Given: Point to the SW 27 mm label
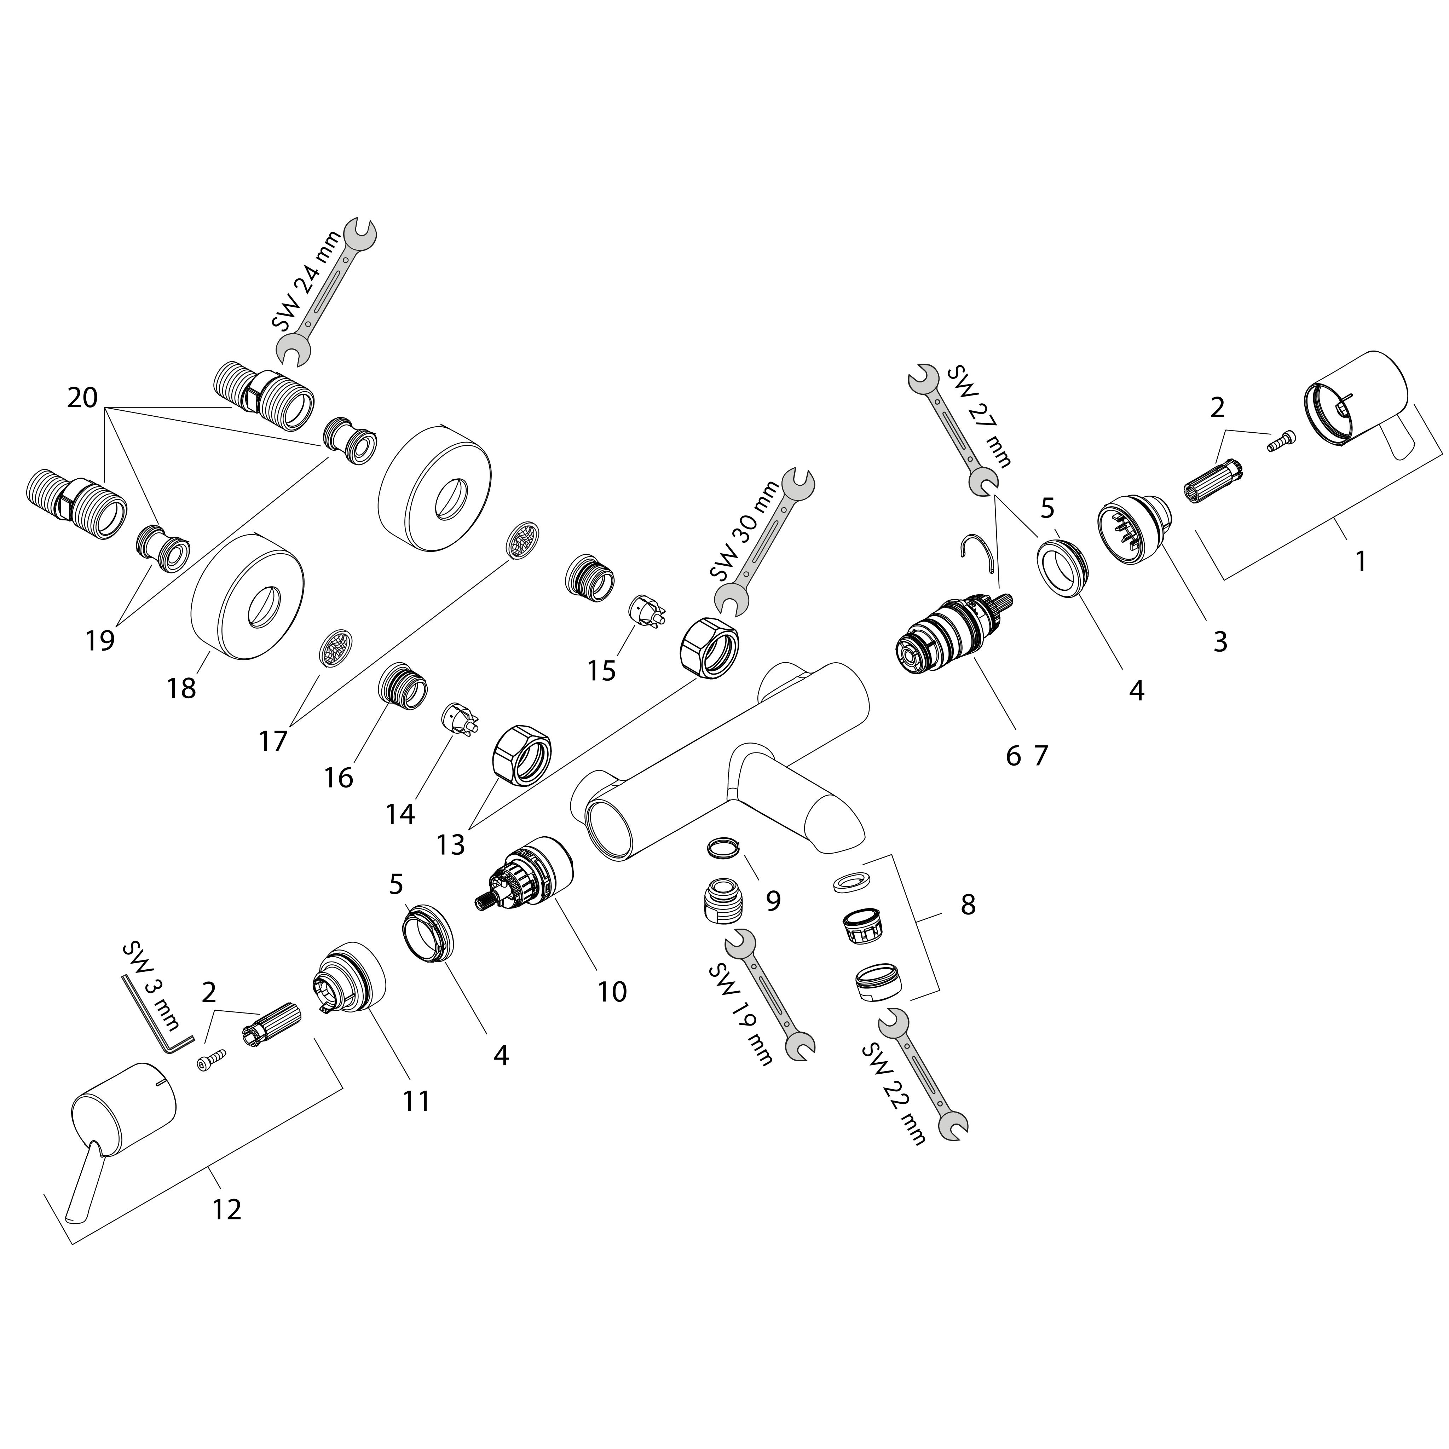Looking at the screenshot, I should point(979,416).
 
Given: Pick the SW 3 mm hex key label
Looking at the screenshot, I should point(150,986).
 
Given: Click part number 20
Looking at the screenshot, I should point(82,398).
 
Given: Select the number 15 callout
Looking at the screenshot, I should point(601,670).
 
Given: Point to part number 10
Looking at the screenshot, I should point(612,992).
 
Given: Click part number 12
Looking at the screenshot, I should point(227,1210).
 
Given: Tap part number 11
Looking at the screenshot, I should point(416,1101).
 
